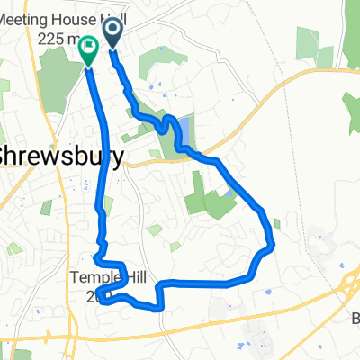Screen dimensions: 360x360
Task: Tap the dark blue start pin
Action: (x=114, y=34)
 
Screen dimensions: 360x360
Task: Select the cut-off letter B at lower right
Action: (x=354, y=319)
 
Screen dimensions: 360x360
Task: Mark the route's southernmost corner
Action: (x=160, y=308)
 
